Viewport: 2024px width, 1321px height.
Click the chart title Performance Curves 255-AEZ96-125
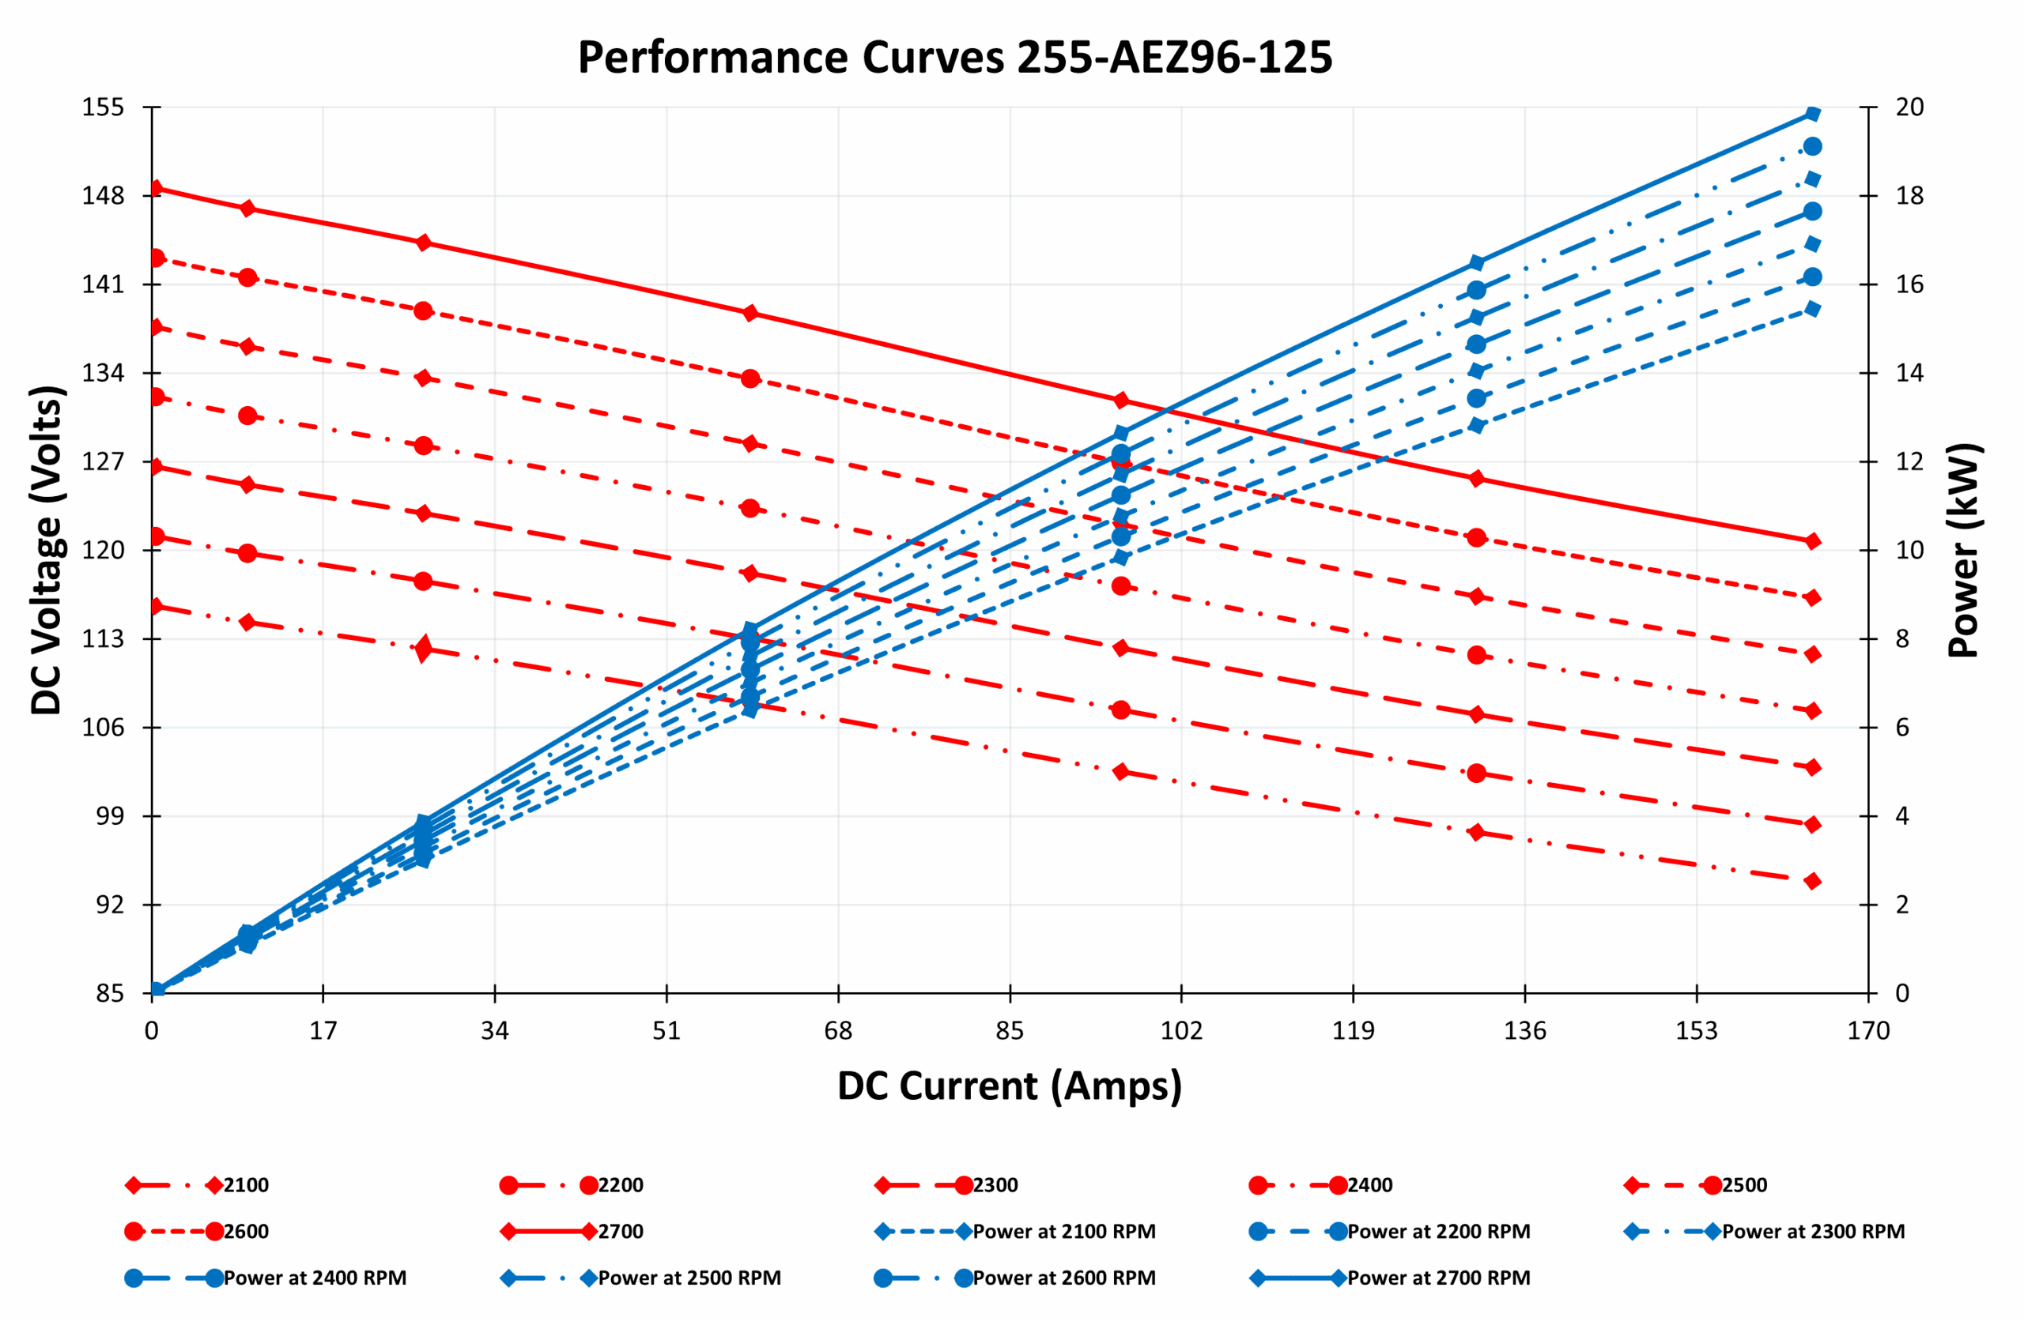(x=954, y=58)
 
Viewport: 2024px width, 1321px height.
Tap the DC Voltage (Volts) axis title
(x=47, y=550)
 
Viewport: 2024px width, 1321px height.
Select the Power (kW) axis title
(x=1964, y=550)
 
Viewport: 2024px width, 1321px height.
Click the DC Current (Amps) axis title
(x=1010, y=1086)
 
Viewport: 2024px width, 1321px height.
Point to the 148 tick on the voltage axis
(x=103, y=195)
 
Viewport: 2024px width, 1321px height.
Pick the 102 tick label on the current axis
(x=1181, y=1031)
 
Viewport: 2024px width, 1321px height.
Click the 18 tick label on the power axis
(x=1910, y=195)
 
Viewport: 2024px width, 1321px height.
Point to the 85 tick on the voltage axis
(x=110, y=993)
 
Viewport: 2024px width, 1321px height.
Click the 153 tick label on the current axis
(x=1697, y=1031)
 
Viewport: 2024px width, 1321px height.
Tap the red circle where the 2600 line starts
(x=157, y=258)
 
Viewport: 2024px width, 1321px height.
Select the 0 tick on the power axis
(x=1902, y=993)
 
